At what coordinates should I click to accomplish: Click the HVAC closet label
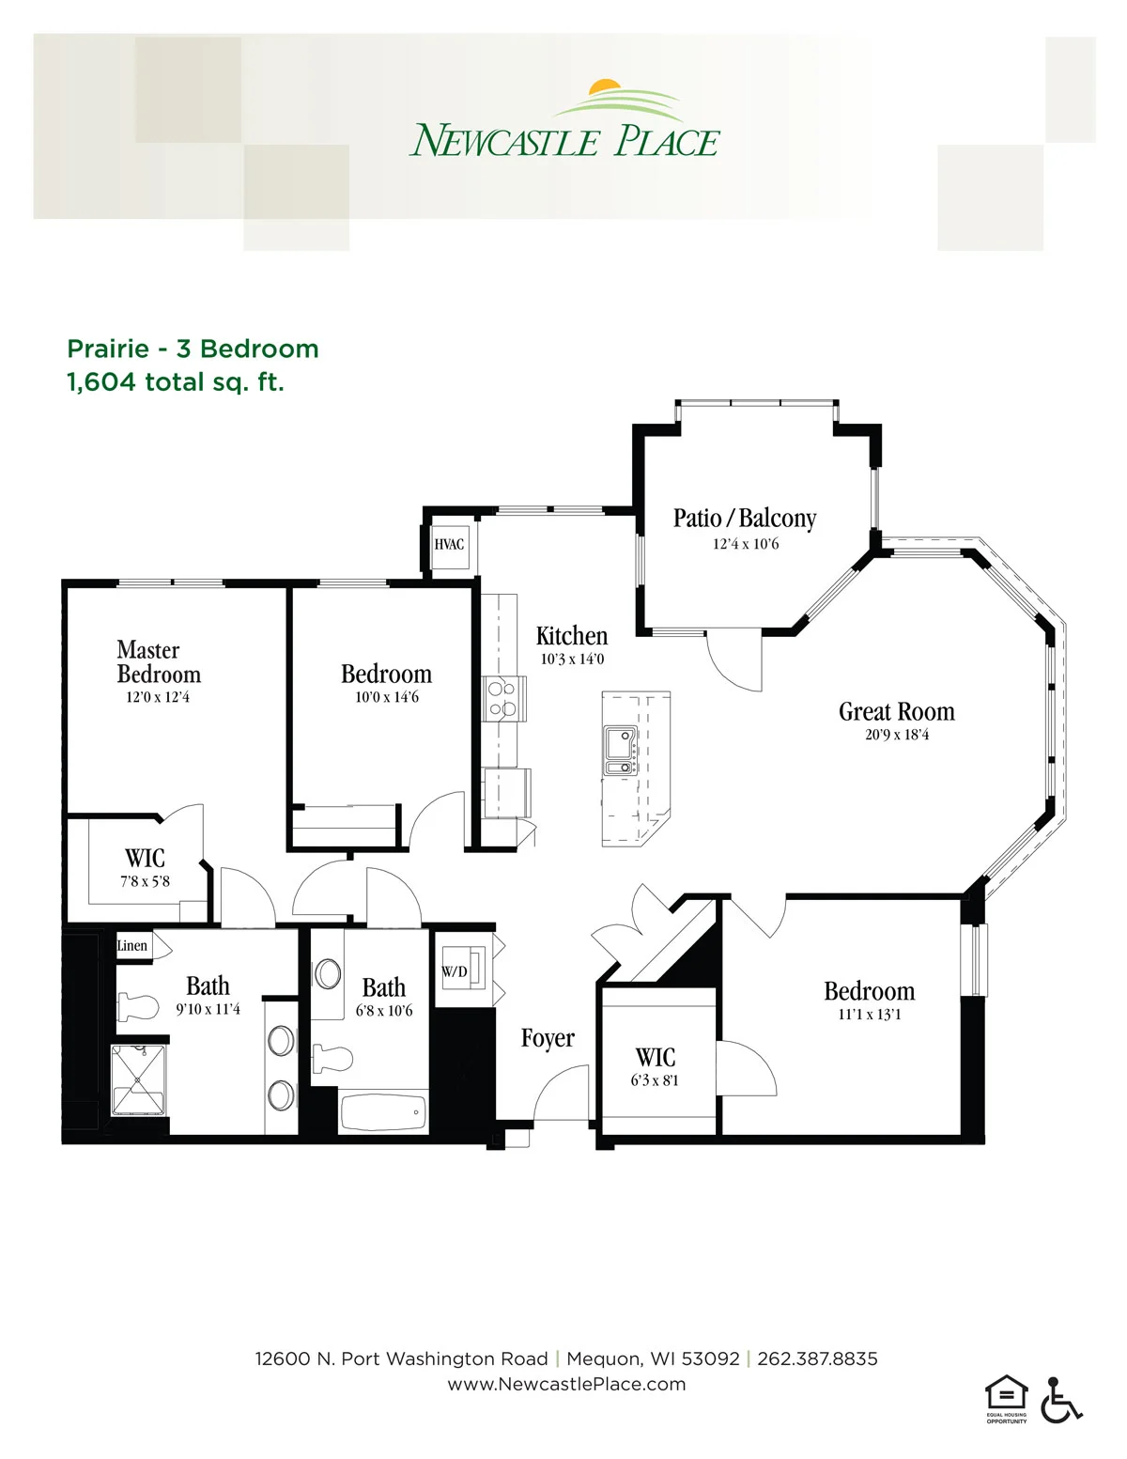(x=448, y=544)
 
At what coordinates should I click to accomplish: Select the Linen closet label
(x=131, y=945)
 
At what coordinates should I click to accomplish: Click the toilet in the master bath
(x=138, y=1007)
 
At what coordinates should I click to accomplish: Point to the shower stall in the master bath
(x=138, y=1079)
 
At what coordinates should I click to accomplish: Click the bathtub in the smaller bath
(x=383, y=1113)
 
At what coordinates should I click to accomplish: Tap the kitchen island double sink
(x=620, y=751)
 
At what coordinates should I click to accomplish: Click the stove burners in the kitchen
(x=502, y=698)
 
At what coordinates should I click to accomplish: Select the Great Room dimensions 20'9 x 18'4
(x=897, y=735)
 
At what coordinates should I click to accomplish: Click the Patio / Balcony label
(x=745, y=519)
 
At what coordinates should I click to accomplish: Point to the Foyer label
(x=548, y=1038)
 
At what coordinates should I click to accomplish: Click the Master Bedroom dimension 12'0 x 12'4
(x=158, y=697)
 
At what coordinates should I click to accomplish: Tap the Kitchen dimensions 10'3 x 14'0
(x=572, y=660)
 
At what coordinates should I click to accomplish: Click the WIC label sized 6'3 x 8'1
(x=656, y=1058)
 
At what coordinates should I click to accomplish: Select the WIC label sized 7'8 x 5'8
(x=145, y=858)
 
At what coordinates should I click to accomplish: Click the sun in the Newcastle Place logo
(x=605, y=85)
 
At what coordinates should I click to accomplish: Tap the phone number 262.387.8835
(x=817, y=1359)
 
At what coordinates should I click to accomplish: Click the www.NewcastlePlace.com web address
(x=566, y=1384)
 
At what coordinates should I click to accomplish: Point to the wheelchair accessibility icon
(x=1061, y=1399)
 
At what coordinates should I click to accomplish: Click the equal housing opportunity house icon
(x=1006, y=1393)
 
